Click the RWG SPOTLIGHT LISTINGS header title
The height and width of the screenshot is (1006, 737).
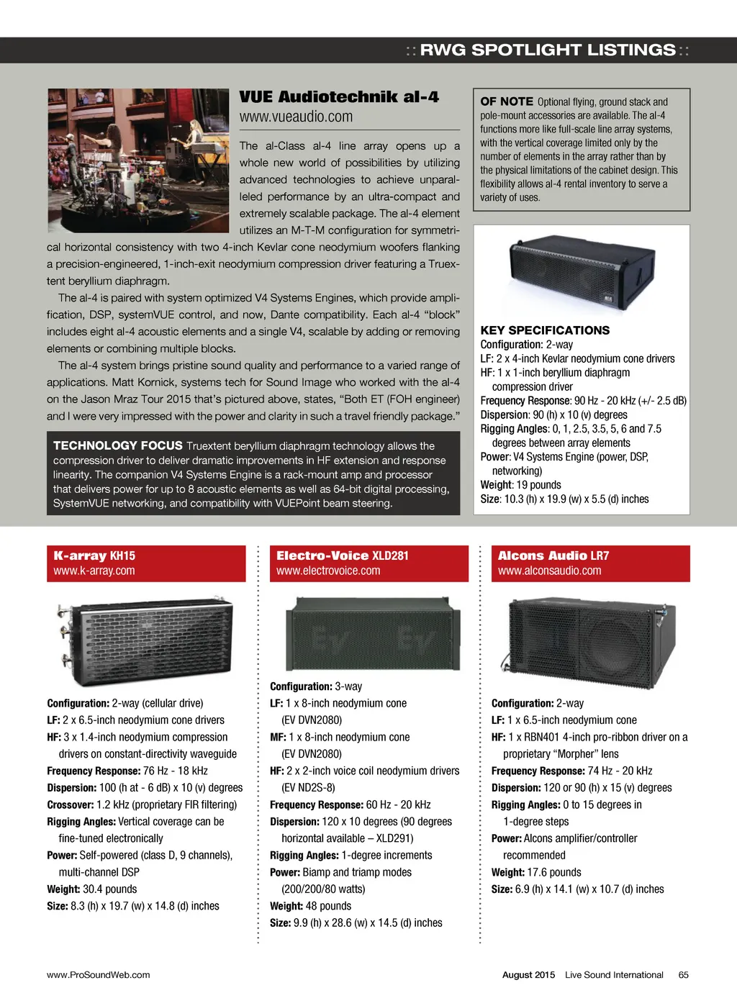(x=547, y=50)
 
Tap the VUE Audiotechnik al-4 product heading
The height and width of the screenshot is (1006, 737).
(x=339, y=97)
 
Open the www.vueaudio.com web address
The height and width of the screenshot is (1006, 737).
(x=297, y=117)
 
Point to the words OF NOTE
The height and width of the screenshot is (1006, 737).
(x=507, y=102)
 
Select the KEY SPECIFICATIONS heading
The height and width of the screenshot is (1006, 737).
(x=545, y=330)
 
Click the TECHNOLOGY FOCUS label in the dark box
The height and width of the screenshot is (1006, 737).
(x=118, y=446)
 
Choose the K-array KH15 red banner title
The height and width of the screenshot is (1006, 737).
(x=94, y=556)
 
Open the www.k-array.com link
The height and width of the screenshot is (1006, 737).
(x=94, y=571)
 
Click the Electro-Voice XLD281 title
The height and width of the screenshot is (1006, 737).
(x=343, y=556)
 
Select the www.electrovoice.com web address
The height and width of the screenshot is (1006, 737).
(x=328, y=571)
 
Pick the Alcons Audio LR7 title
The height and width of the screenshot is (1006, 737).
(x=553, y=556)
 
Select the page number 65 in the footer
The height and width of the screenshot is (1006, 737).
(x=683, y=975)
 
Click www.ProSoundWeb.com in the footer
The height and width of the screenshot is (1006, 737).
(x=99, y=975)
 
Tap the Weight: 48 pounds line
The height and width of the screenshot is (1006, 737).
(x=311, y=906)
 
